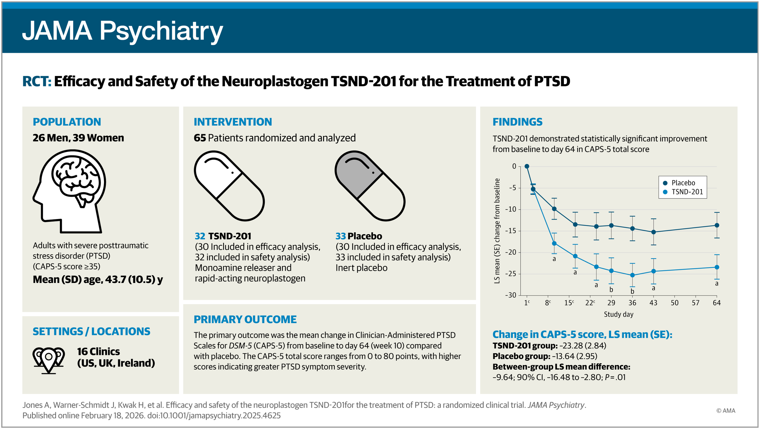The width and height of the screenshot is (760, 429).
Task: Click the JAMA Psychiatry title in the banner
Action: (x=123, y=31)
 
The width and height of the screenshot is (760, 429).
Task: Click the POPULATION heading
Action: (x=67, y=122)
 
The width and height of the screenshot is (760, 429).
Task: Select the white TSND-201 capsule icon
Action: (x=229, y=186)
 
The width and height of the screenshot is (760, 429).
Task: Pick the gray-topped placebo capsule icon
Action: (x=370, y=186)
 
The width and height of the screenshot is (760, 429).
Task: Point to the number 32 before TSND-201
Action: (x=200, y=236)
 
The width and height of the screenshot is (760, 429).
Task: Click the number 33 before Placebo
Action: (x=340, y=236)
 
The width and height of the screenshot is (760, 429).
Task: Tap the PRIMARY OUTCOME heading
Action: (x=245, y=319)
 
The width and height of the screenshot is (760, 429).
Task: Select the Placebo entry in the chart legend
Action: (x=683, y=183)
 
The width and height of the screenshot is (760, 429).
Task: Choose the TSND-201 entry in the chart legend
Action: (x=686, y=192)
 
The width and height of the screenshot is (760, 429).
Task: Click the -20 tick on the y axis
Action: (x=511, y=252)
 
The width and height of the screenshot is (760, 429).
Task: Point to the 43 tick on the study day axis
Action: (x=653, y=303)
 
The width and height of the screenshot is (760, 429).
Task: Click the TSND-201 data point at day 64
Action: (x=717, y=267)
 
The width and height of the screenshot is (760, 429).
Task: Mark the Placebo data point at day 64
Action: (x=717, y=225)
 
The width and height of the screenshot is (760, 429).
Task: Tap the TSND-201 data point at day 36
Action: (x=632, y=275)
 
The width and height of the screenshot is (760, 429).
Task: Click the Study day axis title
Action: (x=618, y=315)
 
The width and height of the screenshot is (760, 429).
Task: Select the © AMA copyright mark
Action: (x=726, y=411)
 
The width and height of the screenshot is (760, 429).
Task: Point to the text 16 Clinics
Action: (x=98, y=352)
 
